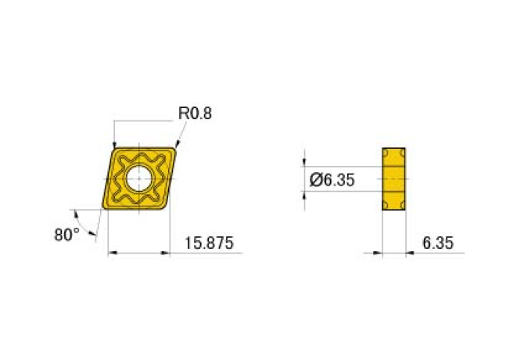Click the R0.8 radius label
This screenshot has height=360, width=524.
click(196, 113)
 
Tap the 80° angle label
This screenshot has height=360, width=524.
click(67, 233)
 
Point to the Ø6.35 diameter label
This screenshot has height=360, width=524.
click(332, 180)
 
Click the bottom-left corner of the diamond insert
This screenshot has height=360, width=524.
click(103, 208)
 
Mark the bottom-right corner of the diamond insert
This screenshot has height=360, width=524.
click(167, 208)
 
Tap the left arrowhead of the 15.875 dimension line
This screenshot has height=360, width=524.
click(110, 253)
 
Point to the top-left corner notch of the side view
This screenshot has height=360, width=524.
click(386, 150)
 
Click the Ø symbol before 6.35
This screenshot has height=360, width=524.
click(316, 180)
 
